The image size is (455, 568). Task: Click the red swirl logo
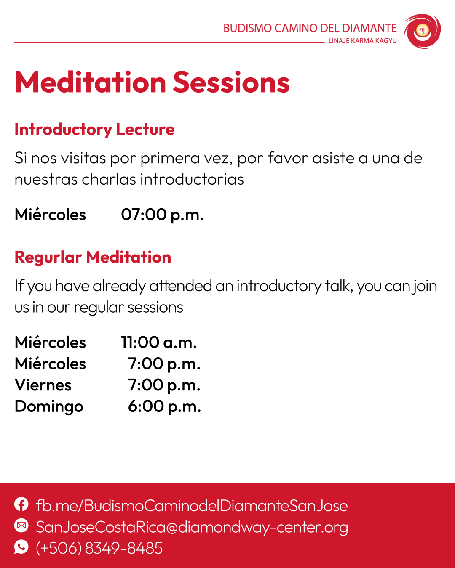422,32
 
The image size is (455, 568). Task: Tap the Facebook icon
21,504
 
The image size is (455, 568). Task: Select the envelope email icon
21,526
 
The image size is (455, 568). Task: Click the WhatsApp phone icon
21,547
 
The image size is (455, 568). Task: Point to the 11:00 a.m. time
159,342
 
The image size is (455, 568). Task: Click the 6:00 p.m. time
164,406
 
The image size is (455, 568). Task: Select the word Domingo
49,407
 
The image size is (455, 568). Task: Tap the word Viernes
43,385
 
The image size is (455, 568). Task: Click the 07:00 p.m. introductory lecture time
162,215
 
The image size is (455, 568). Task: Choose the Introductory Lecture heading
95,130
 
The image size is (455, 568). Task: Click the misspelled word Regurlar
48,257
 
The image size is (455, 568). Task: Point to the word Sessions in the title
232,82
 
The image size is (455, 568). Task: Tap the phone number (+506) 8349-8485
99,548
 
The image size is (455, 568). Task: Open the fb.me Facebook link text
192,505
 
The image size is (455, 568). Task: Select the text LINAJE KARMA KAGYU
362,41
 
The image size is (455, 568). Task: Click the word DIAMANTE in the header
369,28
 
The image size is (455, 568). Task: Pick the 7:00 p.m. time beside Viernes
164,385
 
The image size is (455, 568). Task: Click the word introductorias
192,180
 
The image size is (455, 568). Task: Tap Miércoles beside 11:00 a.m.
50,342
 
